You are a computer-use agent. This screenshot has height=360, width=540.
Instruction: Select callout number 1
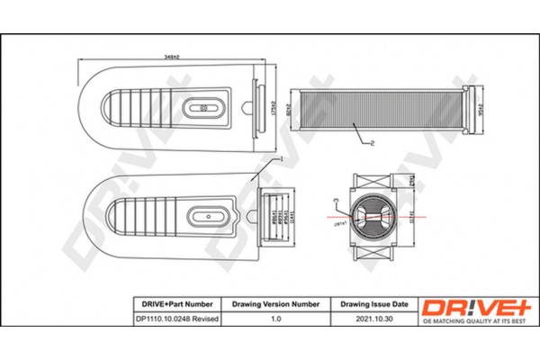tap(282, 157)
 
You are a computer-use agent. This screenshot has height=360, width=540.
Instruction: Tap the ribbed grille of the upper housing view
tap(135, 109)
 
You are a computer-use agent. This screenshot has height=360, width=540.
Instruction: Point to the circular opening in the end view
tap(371, 216)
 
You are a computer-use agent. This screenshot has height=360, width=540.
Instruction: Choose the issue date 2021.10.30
tap(371, 319)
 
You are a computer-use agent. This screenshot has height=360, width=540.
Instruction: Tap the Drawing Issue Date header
tap(371, 304)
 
